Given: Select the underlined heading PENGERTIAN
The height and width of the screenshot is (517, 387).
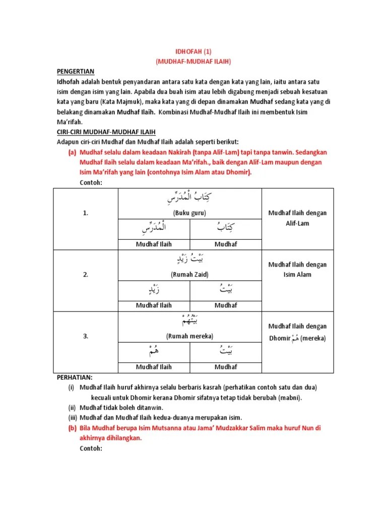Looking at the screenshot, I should pos(76,71).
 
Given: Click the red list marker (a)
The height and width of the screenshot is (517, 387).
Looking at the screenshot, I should pos(73,152).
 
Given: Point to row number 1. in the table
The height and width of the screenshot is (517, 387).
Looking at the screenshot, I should pos(86,214).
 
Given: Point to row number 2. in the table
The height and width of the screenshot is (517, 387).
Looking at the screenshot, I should pos(86,275).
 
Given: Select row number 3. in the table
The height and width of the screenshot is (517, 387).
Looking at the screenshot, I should pos(86,336).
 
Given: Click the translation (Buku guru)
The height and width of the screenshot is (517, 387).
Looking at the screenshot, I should pos(189,213).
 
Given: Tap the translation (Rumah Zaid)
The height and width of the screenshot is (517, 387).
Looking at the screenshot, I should pos(189,275).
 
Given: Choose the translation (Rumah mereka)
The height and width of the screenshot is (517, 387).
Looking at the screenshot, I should pos(189,336).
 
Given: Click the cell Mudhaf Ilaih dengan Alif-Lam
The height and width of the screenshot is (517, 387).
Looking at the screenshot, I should pos(297,218).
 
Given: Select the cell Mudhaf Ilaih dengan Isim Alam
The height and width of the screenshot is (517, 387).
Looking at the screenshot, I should pos(297,270).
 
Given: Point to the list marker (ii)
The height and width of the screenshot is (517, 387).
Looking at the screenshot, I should pos(72,407).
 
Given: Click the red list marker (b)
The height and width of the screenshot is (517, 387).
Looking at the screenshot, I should pos(73,428).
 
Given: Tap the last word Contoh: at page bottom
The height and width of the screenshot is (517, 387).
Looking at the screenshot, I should pos(91,448).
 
